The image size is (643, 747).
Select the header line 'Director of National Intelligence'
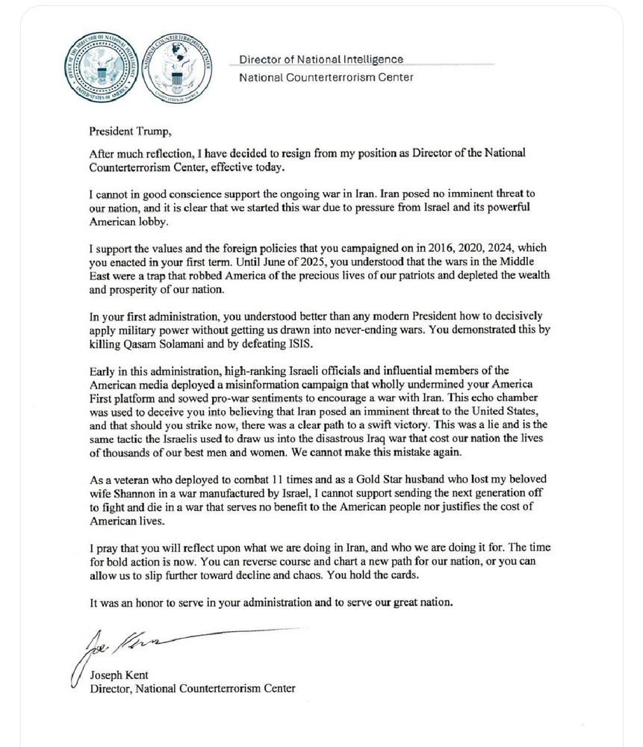pos(321,59)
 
